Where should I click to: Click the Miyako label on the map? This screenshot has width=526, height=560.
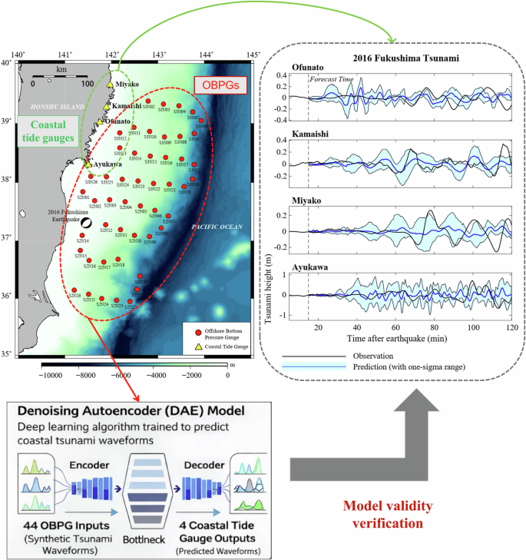tap(128, 84)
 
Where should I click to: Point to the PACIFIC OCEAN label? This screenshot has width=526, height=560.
tap(217, 227)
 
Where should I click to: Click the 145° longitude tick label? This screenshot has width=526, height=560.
tap(253, 55)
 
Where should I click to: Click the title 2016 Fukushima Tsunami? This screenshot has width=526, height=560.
tap(396, 58)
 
